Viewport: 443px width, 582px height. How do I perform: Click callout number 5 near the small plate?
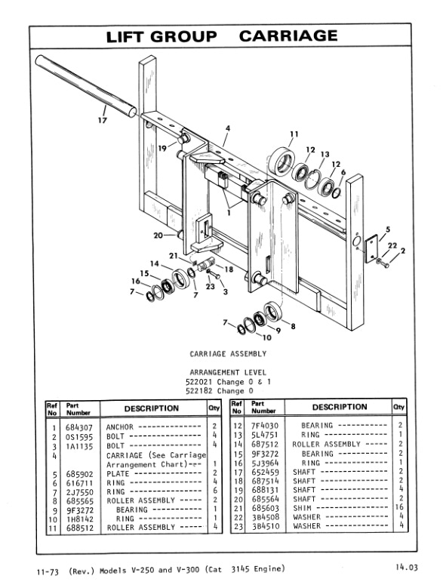pos(387,229)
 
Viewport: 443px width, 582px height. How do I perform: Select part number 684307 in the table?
pos(78,426)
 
